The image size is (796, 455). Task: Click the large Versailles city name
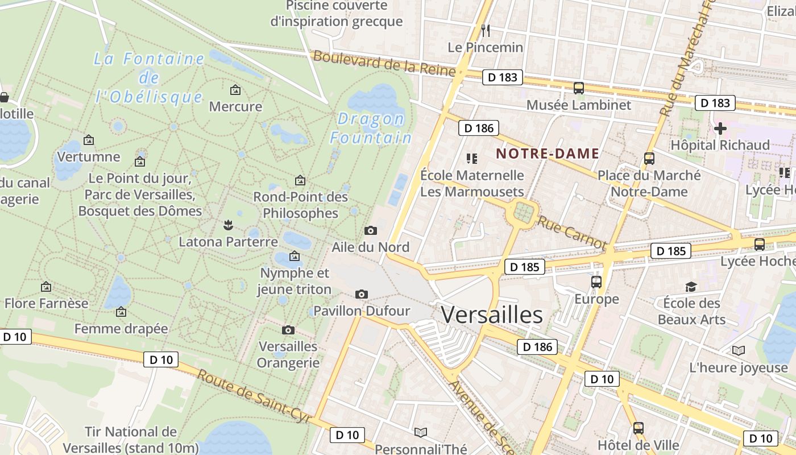tap(492, 315)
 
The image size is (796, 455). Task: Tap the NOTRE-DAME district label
tap(548, 154)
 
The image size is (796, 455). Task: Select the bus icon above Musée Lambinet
tap(579, 88)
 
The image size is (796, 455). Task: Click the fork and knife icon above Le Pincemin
tap(485, 30)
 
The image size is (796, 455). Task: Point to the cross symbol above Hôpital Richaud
tap(720, 128)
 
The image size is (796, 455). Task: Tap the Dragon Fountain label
tap(371, 129)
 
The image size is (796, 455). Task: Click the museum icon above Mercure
tap(235, 90)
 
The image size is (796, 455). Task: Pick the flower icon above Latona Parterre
tap(228, 225)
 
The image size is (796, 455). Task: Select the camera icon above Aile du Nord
tap(370, 230)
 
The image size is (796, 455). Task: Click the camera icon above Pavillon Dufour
tap(361, 294)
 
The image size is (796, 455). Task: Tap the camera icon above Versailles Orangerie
tap(288, 330)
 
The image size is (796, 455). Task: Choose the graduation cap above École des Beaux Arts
tap(691, 287)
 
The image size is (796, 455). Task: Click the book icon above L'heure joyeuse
tap(738, 351)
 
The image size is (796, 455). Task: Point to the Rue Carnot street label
tap(571, 231)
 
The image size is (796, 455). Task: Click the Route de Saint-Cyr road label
tap(254, 397)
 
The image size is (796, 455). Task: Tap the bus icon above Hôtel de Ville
tap(639, 428)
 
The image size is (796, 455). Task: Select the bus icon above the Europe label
tap(596, 282)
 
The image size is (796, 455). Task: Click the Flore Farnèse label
tap(47, 303)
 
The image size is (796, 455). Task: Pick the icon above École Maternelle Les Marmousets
tap(471, 158)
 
